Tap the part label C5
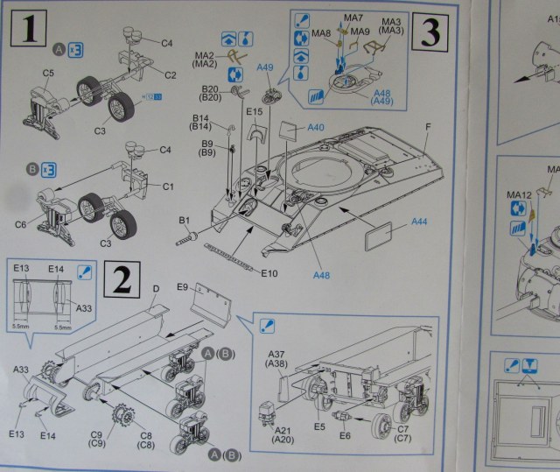pos(48,73)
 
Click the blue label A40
pos(315,128)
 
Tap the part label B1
pos(185,220)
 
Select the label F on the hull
pos(428,128)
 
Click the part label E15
pos(255,112)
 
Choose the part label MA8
pos(321,33)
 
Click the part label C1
pos(169,187)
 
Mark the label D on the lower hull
pos(155,287)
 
